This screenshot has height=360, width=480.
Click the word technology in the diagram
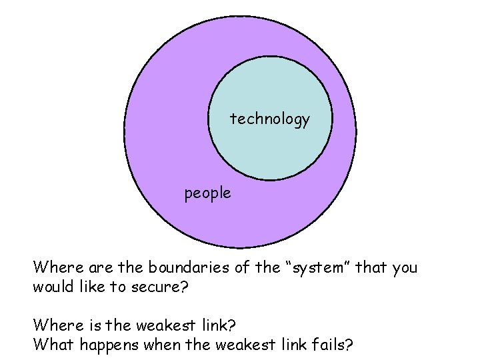pyautogui.click(x=270, y=119)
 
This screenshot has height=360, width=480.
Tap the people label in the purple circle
pyautogui.click(x=208, y=193)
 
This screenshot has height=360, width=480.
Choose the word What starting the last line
pyautogui.click(x=50, y=345)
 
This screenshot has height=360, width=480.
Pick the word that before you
pyautogui.click(x=369, y=267)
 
